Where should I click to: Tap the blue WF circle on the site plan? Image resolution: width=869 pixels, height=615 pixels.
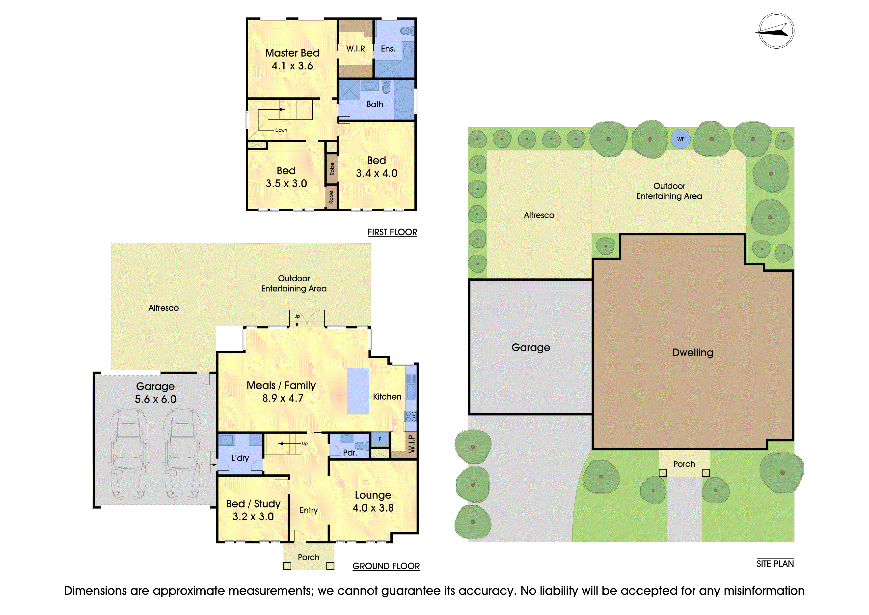pos(680,139)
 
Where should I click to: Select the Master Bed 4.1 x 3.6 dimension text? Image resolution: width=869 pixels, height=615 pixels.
pos(292,66)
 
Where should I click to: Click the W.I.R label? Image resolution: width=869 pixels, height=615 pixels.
pos(355,49)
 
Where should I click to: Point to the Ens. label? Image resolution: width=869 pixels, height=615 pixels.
pos(388,49)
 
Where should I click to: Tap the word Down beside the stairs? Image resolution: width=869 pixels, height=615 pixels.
pos(281,130)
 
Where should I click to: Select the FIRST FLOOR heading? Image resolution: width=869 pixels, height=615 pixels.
pos(392,232)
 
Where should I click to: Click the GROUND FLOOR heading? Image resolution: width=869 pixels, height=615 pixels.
pos(386,566)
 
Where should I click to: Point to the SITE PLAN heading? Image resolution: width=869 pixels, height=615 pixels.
pos(775,564)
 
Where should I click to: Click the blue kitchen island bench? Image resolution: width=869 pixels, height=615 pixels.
pos(358,391)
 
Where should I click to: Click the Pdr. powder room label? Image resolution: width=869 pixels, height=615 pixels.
pos(350,453)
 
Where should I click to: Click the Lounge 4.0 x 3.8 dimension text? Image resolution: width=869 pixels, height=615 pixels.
pos(373,508)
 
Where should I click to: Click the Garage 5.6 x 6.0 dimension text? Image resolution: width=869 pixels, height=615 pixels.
pos(156,399)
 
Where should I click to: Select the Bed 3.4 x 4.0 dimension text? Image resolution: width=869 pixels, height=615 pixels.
pos(377,174)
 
